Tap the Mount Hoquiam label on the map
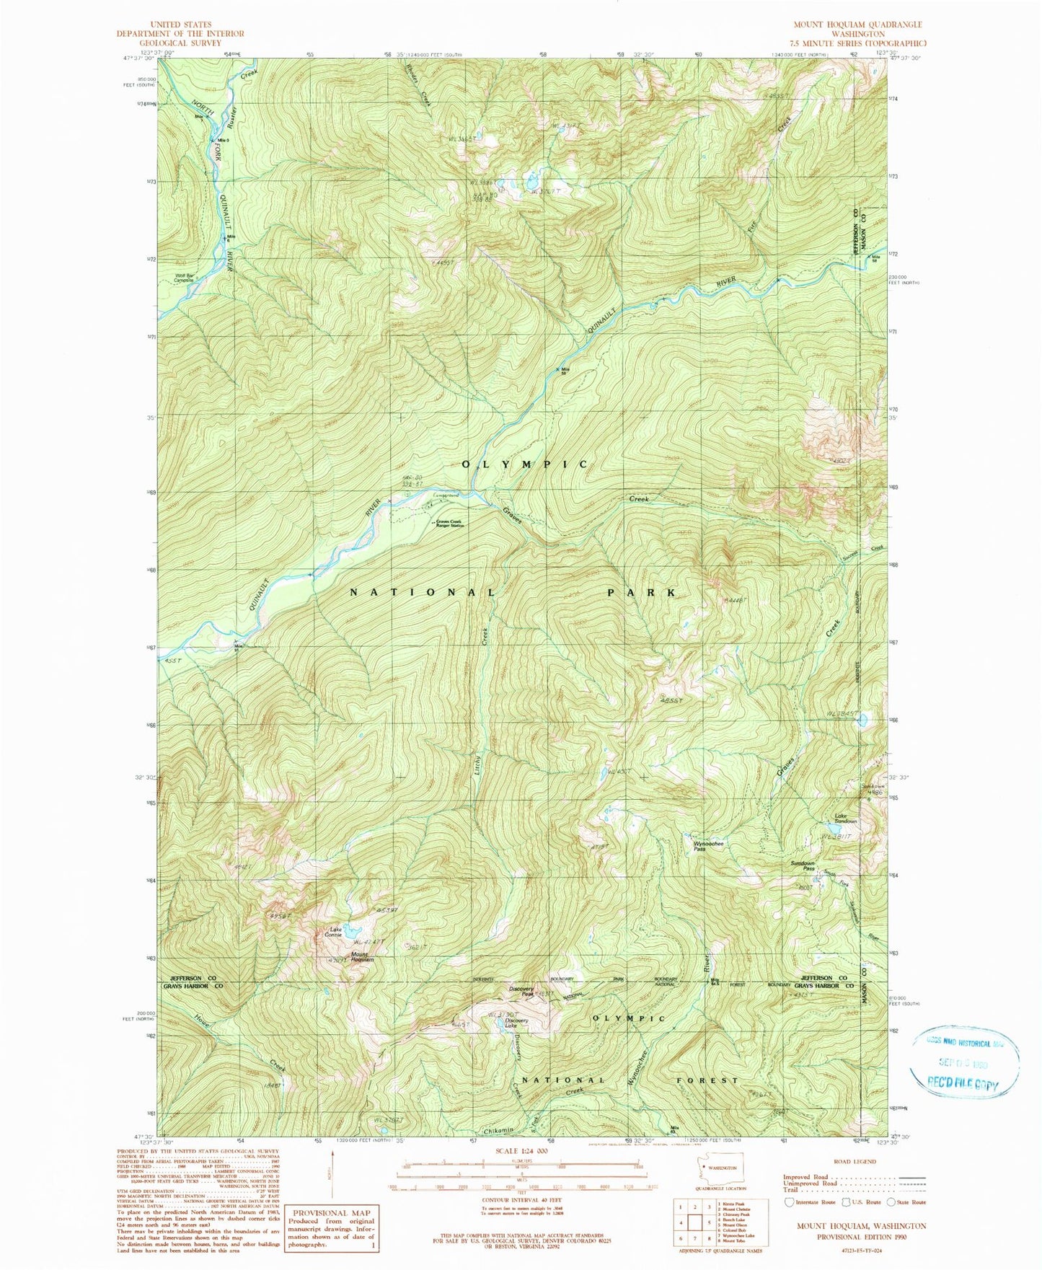(x=362, y=957)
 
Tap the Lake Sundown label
(x=845, y=819)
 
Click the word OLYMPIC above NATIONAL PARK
(x=524, y=464)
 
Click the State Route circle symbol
(x=892, y=1202)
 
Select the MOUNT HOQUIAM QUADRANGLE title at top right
(x=858, y=24)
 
